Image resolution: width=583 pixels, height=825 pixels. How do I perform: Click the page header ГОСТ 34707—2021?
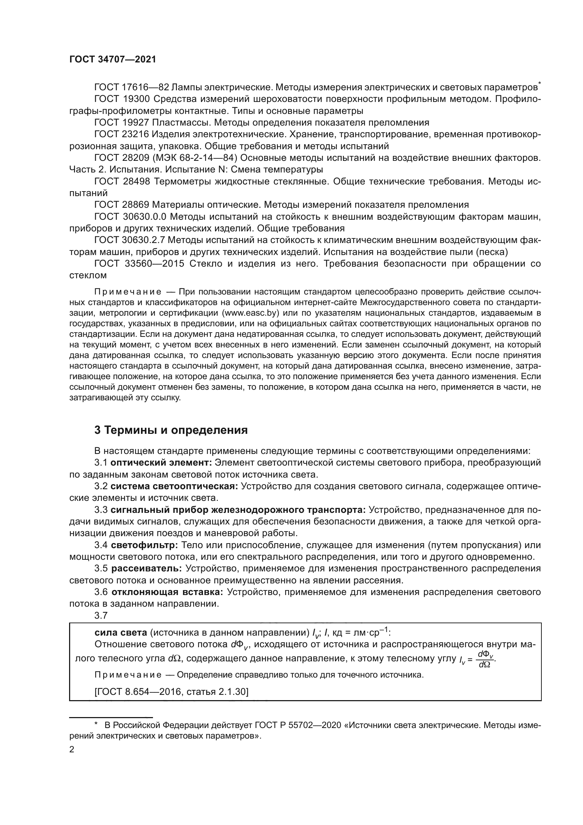(x=113, y=60)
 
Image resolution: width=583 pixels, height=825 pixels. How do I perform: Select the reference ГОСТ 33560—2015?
(x=139, y=264)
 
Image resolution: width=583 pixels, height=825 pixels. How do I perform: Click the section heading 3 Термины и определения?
(x=171, y=430)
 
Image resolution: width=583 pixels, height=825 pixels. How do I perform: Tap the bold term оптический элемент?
(x=161, y=463)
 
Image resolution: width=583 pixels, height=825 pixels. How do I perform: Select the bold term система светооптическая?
(x=174, y=486)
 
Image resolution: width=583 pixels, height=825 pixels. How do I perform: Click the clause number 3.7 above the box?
(x=101, y=615)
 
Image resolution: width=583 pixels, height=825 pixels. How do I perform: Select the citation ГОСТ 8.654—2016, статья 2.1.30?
(x=171, y=692)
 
